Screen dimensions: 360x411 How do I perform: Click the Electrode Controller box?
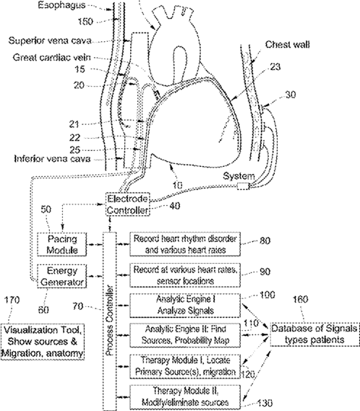(128, 204)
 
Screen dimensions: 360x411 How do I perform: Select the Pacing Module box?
(62, 244)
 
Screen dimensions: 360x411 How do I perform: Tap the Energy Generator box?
(62, 276)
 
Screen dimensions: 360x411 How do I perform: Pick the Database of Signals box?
(314, 334)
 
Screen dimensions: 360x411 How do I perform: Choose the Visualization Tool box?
(43, 342)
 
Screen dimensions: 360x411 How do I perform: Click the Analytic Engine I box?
(185, 306)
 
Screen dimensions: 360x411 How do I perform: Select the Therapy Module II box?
(185, 397)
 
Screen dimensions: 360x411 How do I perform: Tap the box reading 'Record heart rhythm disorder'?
(185, 244)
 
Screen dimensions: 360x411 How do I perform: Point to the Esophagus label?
(62, 5)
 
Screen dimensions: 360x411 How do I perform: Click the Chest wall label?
(287, 45)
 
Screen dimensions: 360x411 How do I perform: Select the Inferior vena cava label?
(52, 159)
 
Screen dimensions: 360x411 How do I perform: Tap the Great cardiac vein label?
(52, 57)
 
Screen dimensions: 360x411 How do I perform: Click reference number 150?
(85, 22)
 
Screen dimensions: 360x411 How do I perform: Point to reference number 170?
(12, 300)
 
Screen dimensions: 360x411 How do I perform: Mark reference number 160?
(301, 299)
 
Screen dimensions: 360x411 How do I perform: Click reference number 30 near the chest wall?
(290, 95)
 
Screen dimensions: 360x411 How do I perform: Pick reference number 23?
(275, 67)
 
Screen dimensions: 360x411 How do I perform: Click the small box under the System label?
(243, 186)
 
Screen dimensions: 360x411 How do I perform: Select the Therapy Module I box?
(185, 366)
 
